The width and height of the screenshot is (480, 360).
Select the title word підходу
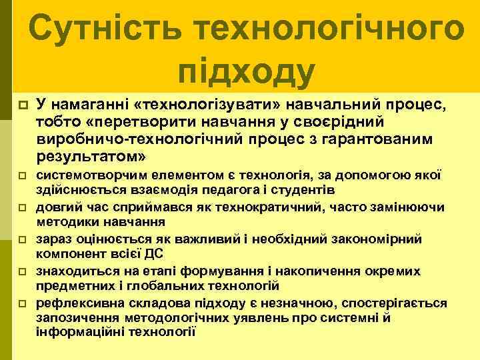tap(246, 72)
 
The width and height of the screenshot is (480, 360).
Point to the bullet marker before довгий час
tap(22, 208)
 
